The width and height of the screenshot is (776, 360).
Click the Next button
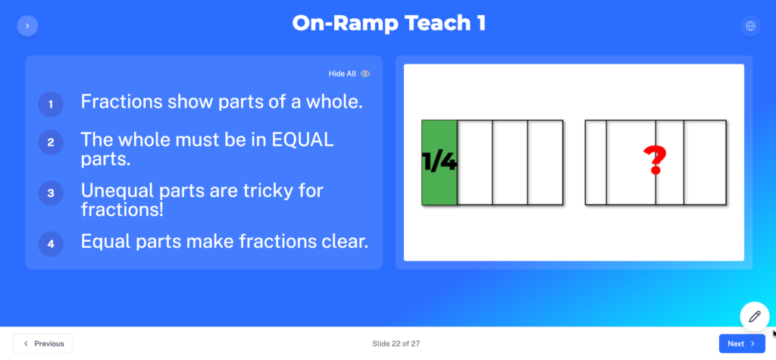pyautogui.click(x=742, y=343)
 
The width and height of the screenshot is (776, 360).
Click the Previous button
pyautogui.click(x=43, y=343)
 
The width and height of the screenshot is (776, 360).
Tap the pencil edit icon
pyautogui.click(x=755, y=317)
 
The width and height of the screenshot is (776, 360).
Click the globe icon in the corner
pyautogui.click(x=751, y=26)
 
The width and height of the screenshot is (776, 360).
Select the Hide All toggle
pyautogui.click(x=349, y=74)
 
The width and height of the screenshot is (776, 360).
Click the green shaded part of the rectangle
pyautogui.click(x=440, y=162)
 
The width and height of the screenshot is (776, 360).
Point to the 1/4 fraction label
pyautogui.click(x=440, y=162)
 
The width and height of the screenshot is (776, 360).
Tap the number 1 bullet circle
pyautogui.click(x=51, y=105)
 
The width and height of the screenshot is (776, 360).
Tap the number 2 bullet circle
pyautogui.click(x=51, y=142)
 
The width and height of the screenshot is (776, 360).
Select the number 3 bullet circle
pyautogui.click(x=51, y=193)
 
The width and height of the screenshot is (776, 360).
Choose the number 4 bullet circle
pyautogui.click(x=51, y=243)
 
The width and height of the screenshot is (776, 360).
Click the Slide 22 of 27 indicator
pyautogui.click(x=396, y=343)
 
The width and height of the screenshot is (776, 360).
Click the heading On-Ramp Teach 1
pyautogui.click(x=389, y=23)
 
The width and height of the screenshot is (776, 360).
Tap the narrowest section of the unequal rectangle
pyautogui.click(x=596, y=162)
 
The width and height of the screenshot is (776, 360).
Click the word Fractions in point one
pyautogui.click(x=122, y=102)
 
